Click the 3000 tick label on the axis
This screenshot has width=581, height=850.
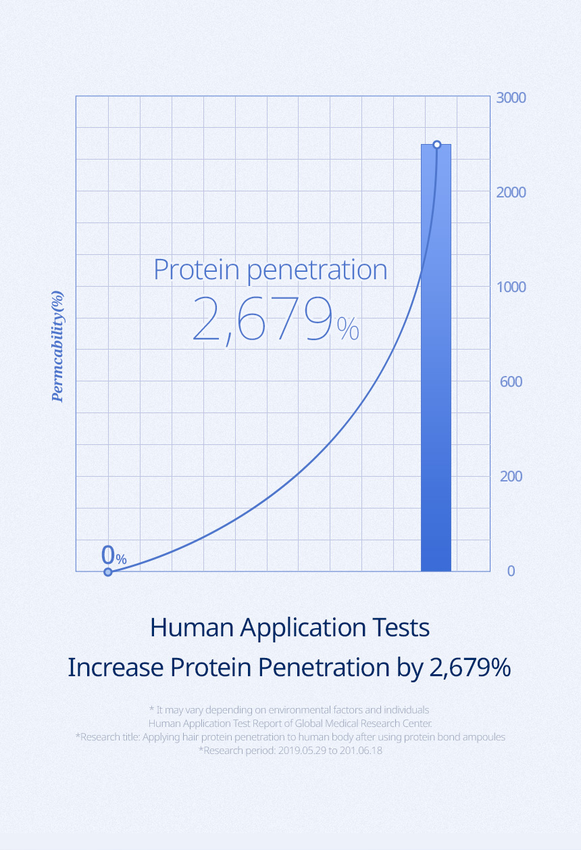pyautogui.click(x=511, y=98)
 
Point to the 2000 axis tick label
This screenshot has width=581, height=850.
pyautogui.click(x=511, y=193)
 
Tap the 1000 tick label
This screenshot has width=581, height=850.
pyautogui.click(x=511, y=287)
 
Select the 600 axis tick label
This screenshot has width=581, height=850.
pyautogui.click(x=511, y=382)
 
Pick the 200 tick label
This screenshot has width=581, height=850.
pyautogui.click(x=511, y=477)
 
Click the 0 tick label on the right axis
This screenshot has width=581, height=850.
pyautogui.click(x=511, y=571)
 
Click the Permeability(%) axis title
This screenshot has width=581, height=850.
pyautogui.click(x=58, y=346)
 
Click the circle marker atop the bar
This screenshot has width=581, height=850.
pyautogui.click(x=436, y=145)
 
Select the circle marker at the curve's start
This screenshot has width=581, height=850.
pyautogui.click(x=108, y=572)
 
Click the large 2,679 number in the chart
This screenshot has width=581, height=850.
pyautogui.click(x=263, y=319)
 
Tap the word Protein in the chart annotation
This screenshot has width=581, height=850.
pyautogui.click(x=197, y=270)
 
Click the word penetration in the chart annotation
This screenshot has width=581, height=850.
pyautogui.click(x=318, y=270)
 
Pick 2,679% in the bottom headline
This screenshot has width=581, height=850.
pyautogui.click(x=470, y=667)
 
